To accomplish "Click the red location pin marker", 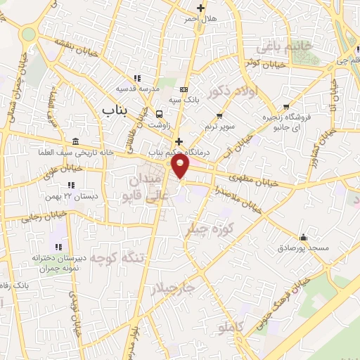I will pos(181,165).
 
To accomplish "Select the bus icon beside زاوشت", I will pos(159,115).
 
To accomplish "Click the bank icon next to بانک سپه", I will pos(184,89).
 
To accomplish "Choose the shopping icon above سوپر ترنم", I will pos(219,115).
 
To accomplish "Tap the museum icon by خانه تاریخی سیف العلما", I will pos(75,141).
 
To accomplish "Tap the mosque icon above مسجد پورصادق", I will pos(303,237).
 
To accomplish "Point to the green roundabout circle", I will pos(28,33).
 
